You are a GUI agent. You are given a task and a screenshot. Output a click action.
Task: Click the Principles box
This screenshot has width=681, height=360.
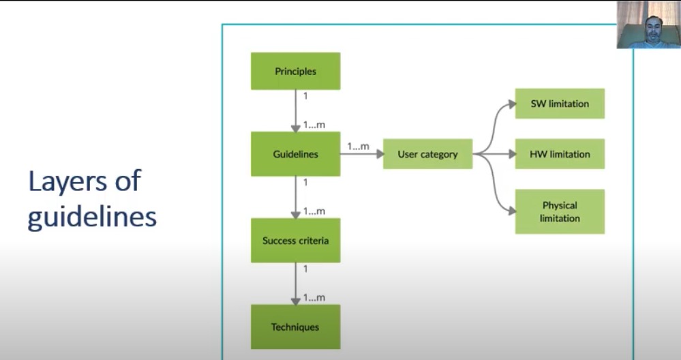295,71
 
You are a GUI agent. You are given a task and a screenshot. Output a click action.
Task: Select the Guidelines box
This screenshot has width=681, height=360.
295,154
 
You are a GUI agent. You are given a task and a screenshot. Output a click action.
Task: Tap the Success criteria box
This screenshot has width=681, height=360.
295,241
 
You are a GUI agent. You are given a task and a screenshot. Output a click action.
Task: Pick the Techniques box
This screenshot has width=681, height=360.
295,327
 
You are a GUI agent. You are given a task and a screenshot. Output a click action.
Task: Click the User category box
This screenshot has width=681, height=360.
427,154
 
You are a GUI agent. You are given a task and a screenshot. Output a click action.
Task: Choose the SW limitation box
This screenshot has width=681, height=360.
560,104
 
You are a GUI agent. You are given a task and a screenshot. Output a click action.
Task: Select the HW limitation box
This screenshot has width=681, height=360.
560,154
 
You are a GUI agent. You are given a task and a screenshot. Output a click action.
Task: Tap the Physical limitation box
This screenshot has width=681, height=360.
560,211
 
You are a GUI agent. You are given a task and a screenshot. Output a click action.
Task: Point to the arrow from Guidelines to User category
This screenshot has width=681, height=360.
361,155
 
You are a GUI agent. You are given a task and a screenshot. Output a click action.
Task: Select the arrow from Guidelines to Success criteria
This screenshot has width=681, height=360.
296,198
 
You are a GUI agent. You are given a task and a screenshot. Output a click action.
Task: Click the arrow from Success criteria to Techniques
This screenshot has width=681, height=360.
296,284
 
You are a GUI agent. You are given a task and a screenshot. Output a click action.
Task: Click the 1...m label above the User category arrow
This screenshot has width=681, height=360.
358,146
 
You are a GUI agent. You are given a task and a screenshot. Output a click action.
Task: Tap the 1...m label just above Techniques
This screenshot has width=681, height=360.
314,298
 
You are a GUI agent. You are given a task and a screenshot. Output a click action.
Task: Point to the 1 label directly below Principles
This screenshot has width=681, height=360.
305,96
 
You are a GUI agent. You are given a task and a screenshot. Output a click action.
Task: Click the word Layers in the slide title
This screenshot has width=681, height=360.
65,181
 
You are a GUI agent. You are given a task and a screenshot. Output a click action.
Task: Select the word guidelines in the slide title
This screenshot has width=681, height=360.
93,217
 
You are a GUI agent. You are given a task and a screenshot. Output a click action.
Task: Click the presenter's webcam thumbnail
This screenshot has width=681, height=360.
648,25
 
